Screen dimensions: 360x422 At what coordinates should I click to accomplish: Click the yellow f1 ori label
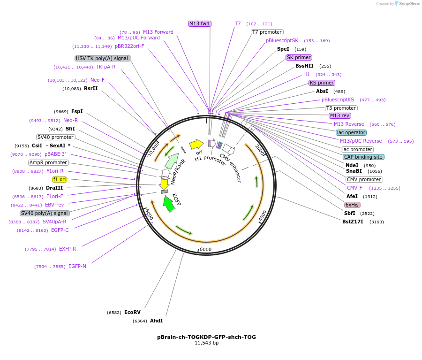[x=60, y=179]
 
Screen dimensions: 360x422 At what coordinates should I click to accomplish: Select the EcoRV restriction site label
[x=132, y=312]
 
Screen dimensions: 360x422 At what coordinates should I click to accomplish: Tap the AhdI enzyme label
[x=156, y=321]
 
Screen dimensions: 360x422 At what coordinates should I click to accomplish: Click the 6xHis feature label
[x=352, y=205]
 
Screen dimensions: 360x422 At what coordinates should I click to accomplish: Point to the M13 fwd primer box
[x=199, y=23]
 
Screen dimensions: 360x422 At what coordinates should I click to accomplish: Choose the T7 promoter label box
[x=267, y=32]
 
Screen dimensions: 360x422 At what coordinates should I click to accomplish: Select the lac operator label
[x=351, y=132]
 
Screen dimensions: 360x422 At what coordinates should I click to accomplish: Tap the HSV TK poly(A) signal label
[x=103, y=58]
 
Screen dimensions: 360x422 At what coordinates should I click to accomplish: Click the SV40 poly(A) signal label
[x=45, y=213]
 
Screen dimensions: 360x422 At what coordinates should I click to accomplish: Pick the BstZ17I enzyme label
[x=353, y=222]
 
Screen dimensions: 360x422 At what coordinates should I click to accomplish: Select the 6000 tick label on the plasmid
[x=206, y=249]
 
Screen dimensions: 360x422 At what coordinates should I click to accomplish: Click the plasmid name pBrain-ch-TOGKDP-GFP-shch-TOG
[x=206, y=337]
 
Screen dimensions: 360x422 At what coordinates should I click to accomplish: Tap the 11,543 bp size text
[x=206, y=343]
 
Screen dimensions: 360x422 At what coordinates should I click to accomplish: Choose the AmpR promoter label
[x=48, y=162]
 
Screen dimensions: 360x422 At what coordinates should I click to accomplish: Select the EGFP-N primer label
[x=77, y=266]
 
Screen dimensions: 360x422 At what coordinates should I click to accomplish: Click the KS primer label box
[x=322, y=83]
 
